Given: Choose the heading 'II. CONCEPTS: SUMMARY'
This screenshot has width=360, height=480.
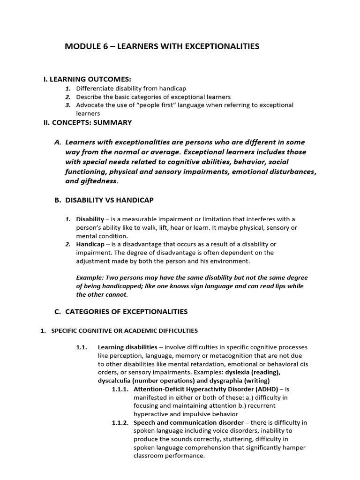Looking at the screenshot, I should point(88,123).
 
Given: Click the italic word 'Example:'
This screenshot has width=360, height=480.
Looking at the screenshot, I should point(90,277).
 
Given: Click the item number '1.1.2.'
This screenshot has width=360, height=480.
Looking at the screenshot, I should point(120,422).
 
